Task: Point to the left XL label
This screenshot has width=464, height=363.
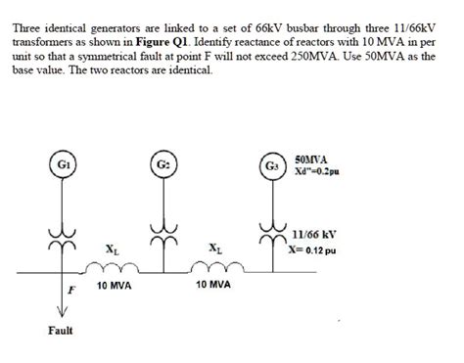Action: pos(112,248)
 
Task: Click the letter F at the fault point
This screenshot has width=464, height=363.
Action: pos(70,291)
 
